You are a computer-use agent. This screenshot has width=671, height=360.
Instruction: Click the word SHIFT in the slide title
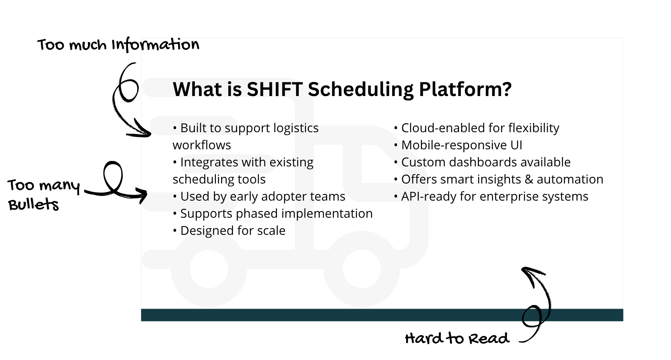click(274, 89)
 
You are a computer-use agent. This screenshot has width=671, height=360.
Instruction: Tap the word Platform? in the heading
click(465, 89)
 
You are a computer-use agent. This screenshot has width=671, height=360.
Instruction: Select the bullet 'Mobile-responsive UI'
click(458, 145)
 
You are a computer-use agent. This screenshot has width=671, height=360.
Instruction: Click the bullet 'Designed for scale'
click(229, 231)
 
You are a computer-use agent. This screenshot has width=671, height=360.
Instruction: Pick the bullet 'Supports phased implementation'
click(273, 213)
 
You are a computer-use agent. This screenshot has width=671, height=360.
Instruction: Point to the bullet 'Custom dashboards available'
click(482, 162)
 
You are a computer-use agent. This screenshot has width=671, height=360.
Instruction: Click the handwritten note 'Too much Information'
click(118, 45)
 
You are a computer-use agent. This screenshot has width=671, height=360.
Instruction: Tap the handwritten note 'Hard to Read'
click(457, 338)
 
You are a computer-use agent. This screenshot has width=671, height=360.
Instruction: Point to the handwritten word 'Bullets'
click(33, 204)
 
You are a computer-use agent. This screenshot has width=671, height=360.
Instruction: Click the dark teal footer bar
click(382, 315)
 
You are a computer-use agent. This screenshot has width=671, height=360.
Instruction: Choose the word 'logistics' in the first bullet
click(296, 128)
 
